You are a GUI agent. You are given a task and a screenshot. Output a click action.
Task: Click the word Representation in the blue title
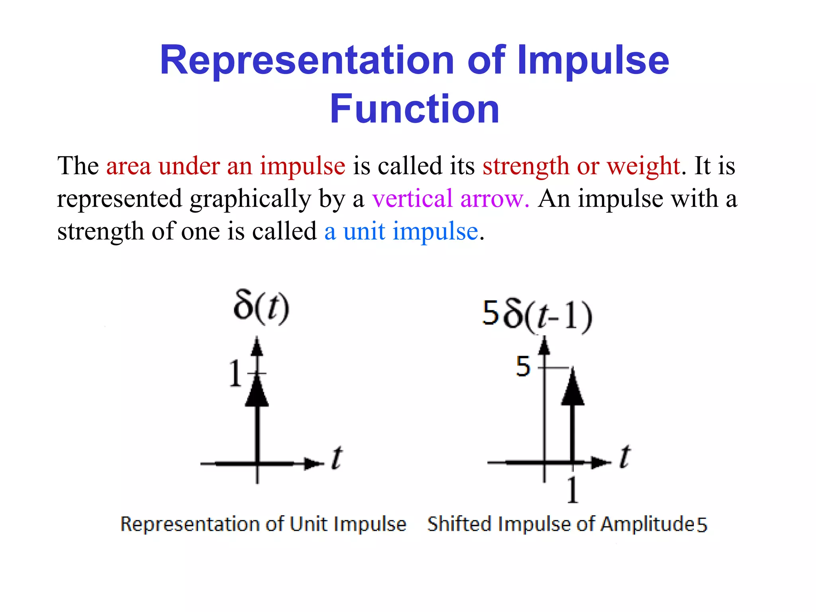307,61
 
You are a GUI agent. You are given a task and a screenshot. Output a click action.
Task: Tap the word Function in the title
414,109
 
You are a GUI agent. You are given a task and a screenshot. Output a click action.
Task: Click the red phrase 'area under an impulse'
226,166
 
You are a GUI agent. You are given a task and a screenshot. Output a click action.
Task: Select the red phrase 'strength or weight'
581,166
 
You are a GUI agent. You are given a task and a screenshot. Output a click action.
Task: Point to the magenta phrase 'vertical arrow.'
451,198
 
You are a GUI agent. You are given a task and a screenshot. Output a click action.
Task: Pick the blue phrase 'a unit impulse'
401,231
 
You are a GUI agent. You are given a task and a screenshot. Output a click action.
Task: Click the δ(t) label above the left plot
261,308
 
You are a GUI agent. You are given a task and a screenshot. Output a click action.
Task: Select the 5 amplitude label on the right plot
523,367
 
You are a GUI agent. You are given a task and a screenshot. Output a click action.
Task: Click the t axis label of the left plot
337,458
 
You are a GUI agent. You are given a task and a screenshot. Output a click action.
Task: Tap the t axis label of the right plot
625,457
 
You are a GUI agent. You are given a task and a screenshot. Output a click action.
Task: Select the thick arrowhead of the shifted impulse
573,387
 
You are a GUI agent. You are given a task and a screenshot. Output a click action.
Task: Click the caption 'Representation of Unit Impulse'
263,524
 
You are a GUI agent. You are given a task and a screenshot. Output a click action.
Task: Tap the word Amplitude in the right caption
648,524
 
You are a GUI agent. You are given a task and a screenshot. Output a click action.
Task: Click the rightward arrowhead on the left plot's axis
313,463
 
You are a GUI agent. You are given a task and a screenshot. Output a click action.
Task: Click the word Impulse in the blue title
594,61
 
